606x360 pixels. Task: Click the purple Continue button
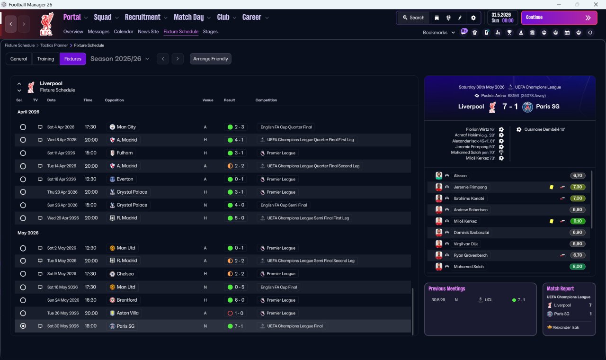[x=559, y=18]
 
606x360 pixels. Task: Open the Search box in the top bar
[x=414, y=18]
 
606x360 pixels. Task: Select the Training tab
[x=45, y=59]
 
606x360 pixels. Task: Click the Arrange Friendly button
[x=211, y=59]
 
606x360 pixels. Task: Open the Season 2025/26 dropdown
[x=120, y=59]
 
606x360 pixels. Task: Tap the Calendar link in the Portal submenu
[x=124, y=32]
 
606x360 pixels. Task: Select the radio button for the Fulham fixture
[x=23, y=153]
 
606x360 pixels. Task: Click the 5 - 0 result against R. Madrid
[x=236, y=218]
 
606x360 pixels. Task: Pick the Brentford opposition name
[x=126, y=300]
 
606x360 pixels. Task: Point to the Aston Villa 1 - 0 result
[x=236, y=313]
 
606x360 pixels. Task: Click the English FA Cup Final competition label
[x=279, y=287]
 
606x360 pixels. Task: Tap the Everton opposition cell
[x=122, y=179]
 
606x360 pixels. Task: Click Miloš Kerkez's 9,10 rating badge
[x=578, y=221]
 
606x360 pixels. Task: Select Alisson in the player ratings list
[x=460, y=176]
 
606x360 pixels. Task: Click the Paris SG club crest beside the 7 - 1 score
[x=527, y=107]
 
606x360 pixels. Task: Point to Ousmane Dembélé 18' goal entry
[x=544, y=129]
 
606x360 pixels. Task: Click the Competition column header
[x=266, y=100]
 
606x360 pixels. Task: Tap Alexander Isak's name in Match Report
[x=566, y=327]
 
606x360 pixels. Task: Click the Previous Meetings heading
[x=446, y=288]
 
